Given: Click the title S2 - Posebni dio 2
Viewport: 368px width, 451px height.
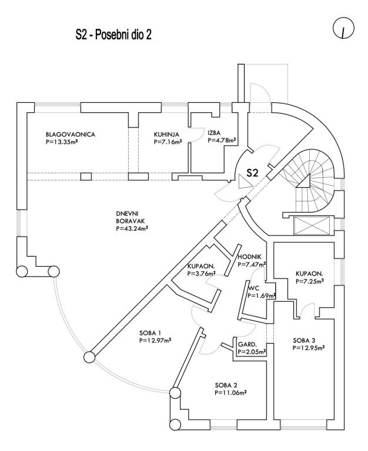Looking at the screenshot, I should (x=114, y=35).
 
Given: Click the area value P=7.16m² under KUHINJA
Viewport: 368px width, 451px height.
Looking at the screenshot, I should (x=168, y=142).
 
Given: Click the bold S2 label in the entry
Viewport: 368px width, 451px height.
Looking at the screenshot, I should (x=252, y=173).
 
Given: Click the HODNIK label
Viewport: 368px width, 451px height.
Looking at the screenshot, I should (x=250, y=257).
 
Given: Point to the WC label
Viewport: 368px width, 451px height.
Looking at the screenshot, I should (x=253, y=288).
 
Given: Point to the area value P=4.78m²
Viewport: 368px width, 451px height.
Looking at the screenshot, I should (x=222, y=140).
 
